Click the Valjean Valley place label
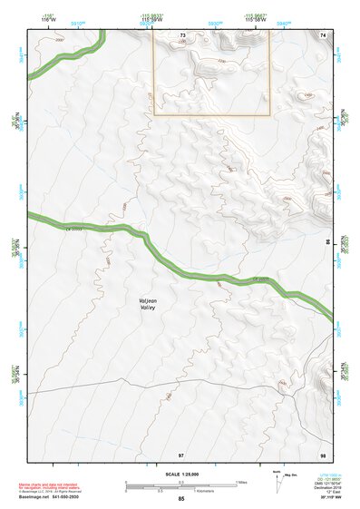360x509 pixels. [148, 303]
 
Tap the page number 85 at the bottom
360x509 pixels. [181, 499]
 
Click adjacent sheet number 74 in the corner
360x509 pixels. [323, 34]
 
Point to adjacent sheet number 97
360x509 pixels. [181, 453]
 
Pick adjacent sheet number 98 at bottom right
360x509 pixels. [323, 453]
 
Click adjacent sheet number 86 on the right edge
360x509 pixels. [327, 243]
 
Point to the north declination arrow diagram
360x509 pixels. [277, 482]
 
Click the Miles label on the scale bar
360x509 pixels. [241, 482]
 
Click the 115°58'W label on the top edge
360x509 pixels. [153, 18]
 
